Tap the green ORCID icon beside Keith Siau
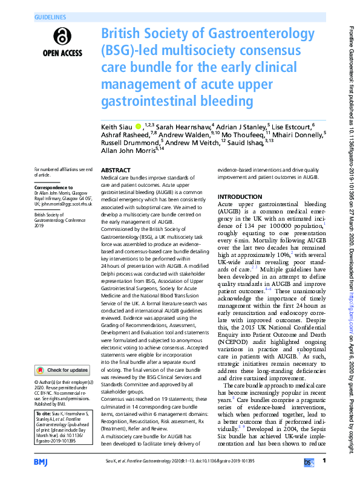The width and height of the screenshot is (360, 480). [139, 127]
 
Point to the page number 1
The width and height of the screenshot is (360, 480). [325, 461]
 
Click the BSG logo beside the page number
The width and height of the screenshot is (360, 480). [309, 461]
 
